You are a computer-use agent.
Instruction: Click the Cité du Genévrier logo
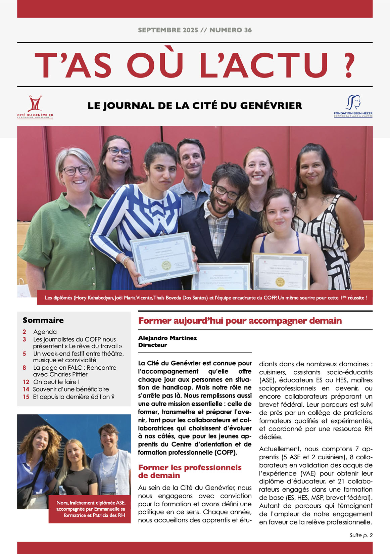35,107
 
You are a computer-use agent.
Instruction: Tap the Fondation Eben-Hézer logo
353,106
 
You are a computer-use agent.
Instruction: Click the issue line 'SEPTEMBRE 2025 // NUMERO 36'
195,30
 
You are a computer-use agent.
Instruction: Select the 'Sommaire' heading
43,320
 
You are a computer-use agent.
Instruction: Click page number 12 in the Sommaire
26,382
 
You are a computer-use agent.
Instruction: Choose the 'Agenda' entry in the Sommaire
45,332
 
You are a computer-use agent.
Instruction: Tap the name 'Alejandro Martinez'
167,338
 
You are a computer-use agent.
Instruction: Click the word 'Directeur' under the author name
152,345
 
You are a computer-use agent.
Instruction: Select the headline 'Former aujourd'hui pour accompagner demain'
240,321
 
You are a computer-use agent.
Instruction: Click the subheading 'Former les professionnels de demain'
190,471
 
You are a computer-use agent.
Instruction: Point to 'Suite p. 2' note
361,535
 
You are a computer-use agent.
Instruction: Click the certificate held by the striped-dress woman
163,257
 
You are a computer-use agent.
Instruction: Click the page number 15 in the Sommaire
26,397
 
